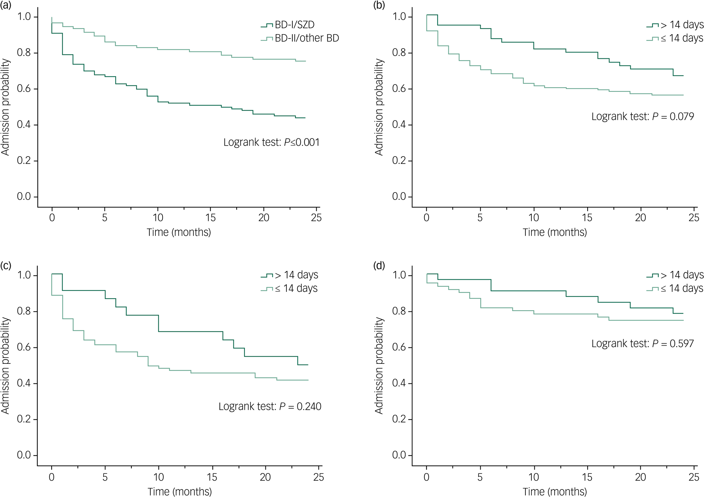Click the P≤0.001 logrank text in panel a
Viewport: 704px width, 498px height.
click(271, 142)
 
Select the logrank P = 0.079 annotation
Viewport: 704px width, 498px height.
click(642, 117)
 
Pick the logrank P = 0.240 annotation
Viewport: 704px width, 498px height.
click(270, 407)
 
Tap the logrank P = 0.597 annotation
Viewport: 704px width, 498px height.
click(642, 344)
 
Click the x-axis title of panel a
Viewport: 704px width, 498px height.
click(179, 232)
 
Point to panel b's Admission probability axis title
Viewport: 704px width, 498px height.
click(379, 107)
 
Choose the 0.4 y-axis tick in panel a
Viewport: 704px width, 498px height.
click(24, 125)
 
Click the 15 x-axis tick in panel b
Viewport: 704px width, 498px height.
click(587, 218)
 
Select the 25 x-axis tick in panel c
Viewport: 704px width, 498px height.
click(319, 477)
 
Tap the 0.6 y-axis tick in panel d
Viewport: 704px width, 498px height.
click(399, 347)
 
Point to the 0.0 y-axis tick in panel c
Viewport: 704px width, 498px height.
click(24, 455)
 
